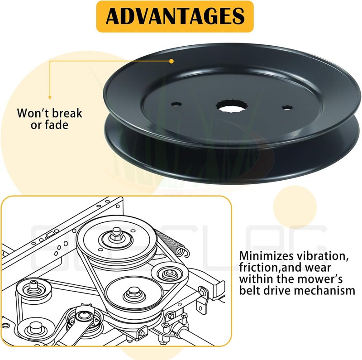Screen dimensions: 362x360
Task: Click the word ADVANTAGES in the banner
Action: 175,16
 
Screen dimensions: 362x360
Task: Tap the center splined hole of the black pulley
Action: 232,106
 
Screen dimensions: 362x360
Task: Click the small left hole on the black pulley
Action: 176,104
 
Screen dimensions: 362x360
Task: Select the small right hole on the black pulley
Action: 287,107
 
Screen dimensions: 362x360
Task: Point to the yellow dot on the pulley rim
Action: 171,61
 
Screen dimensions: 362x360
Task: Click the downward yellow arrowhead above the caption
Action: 50,98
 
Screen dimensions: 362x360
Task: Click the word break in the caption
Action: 67,113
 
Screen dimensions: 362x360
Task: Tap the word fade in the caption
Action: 57,125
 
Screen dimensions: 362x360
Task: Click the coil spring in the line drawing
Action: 172,243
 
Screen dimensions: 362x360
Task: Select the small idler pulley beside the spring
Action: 170,274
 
